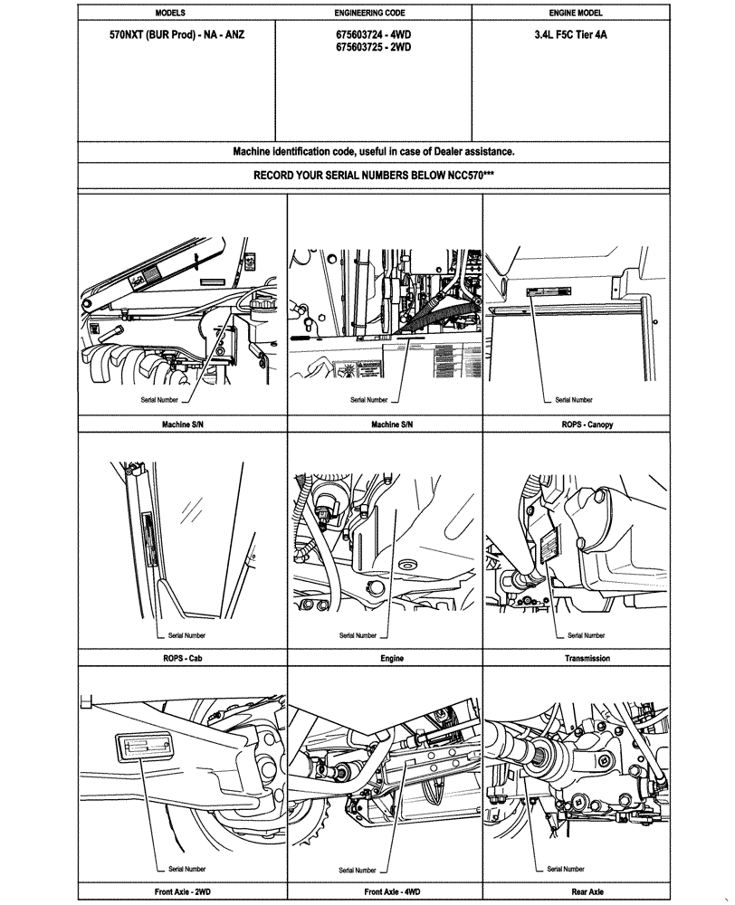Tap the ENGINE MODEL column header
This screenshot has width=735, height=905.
point(576,14)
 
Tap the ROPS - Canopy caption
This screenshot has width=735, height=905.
point(576,424)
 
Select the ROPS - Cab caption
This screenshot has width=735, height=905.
point(182,658)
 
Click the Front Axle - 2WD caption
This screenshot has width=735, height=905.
point(182,891)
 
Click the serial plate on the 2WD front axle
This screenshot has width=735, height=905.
point(146,748)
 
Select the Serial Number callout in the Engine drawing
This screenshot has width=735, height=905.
point(358,635)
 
